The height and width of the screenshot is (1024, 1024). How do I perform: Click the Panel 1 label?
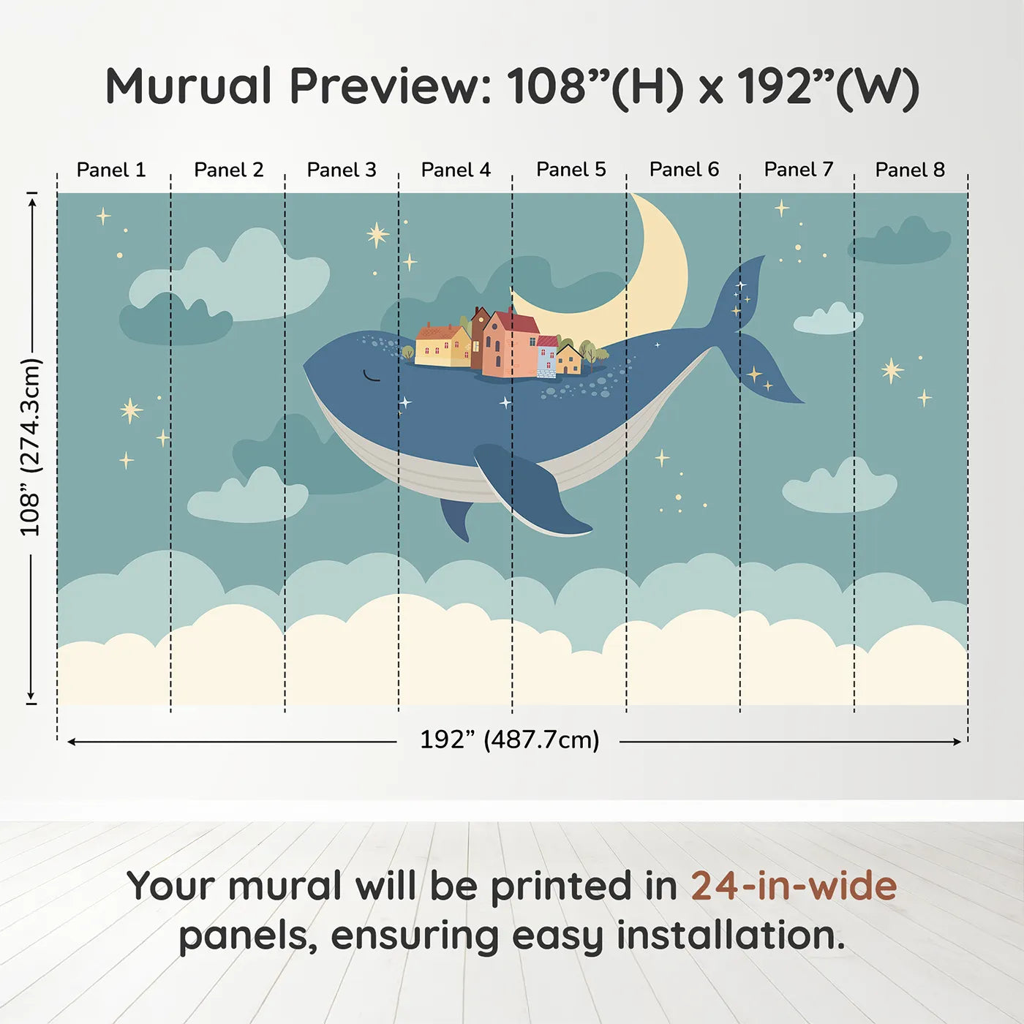pos(111,170)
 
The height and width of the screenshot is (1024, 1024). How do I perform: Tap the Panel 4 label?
pos(456,170)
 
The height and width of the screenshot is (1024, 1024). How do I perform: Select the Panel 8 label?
pos(910,170)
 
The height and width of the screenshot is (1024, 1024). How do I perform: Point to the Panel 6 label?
pos(684,170)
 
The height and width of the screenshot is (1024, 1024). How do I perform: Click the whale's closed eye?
pos(372,377)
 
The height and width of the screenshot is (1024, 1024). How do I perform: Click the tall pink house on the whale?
pos(508,344)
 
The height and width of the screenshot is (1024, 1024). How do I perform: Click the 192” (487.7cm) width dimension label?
pos(509,740)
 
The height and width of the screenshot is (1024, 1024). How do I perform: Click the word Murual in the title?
pos(189,86)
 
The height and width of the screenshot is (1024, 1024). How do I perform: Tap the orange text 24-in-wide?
pos(794,886)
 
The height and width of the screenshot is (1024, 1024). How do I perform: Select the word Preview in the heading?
pos(390,86)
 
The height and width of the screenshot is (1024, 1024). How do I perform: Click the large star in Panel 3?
pos(377,235)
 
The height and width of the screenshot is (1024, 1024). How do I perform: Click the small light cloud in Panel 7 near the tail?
pos(828,320)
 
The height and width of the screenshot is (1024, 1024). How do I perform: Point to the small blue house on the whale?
pos(546,355)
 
